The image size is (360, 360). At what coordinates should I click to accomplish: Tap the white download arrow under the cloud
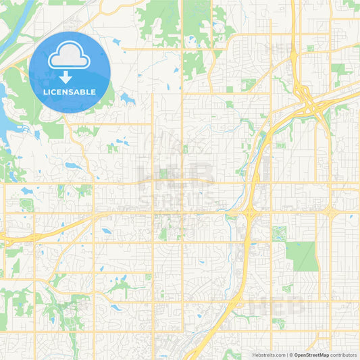point(70,76)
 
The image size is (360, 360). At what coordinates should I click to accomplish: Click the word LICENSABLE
point(70,91)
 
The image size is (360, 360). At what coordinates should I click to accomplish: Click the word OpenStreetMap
point(311,355)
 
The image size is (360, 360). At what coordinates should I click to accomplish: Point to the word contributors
point(343,355)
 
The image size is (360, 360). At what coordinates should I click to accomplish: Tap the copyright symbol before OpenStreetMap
point(290,355)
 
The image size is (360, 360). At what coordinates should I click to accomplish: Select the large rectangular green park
point(301,256)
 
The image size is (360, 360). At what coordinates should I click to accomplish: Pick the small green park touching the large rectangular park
point(278,234)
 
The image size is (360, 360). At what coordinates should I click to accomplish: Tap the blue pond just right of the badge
point(128,99)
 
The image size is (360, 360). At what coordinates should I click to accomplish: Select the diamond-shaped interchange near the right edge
point(330,212)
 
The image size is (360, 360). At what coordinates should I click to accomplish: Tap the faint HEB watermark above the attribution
point(263,307)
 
